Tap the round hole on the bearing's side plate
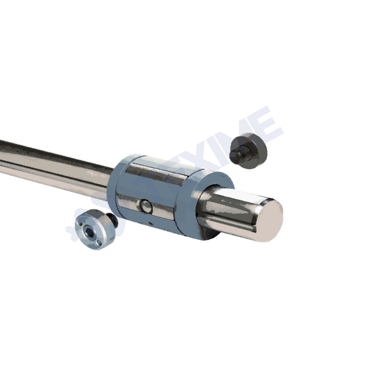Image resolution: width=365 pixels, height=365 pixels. coord(146,207)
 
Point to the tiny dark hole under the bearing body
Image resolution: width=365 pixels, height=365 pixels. coord(150,223)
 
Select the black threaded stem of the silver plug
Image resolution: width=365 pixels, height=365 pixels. coord(111,221)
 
